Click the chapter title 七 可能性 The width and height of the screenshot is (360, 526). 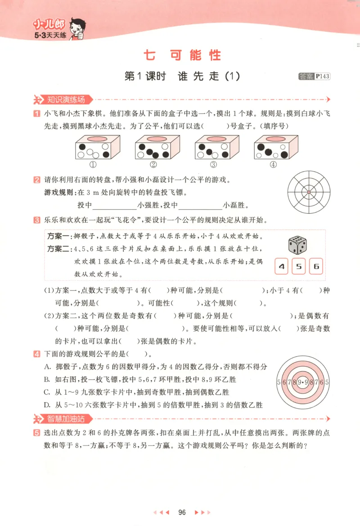(x=182, y=55)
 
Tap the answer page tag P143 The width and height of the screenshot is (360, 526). (x=322, y=76)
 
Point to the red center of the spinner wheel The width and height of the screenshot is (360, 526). (x=309, y=192)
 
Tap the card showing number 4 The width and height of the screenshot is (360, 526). (x=282, y=266)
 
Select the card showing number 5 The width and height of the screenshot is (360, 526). (x=299, y=266)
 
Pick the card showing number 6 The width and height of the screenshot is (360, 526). (x=316, y=266)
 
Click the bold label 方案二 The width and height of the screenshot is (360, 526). (x=57, y=249)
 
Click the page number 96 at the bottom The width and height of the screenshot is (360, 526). (x=182, y=512)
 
